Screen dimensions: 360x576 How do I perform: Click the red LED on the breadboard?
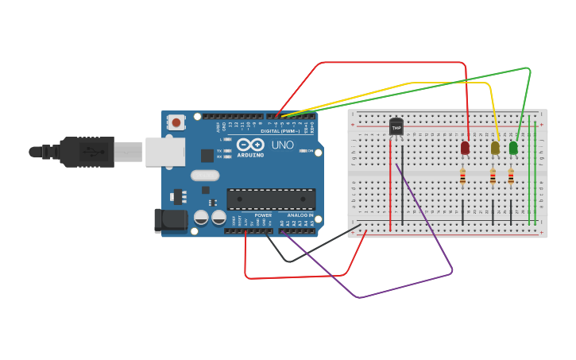tap(465, 148)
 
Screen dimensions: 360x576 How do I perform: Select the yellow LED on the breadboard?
tap(495, 148)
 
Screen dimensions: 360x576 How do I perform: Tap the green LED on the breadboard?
tap(513, 148)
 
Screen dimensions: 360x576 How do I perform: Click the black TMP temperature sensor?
tap(396, 127)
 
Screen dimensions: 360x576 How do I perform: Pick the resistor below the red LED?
tap(462, 178)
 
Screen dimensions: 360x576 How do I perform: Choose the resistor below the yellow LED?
tap(493, 178)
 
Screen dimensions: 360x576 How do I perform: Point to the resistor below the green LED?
tap(511, 178)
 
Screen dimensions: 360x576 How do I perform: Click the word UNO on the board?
tap(283, 145)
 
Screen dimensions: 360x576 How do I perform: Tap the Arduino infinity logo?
tap(249, 145)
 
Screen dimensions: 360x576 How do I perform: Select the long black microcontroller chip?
tap(271, 199)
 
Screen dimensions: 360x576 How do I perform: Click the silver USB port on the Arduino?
tap(164, 151)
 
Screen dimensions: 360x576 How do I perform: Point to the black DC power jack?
tap(171, 221)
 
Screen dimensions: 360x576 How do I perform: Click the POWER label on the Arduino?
tap(263, 215)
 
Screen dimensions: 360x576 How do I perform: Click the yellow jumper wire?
tap(409, 83)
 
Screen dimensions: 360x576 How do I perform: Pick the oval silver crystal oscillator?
tap(204, 176)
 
